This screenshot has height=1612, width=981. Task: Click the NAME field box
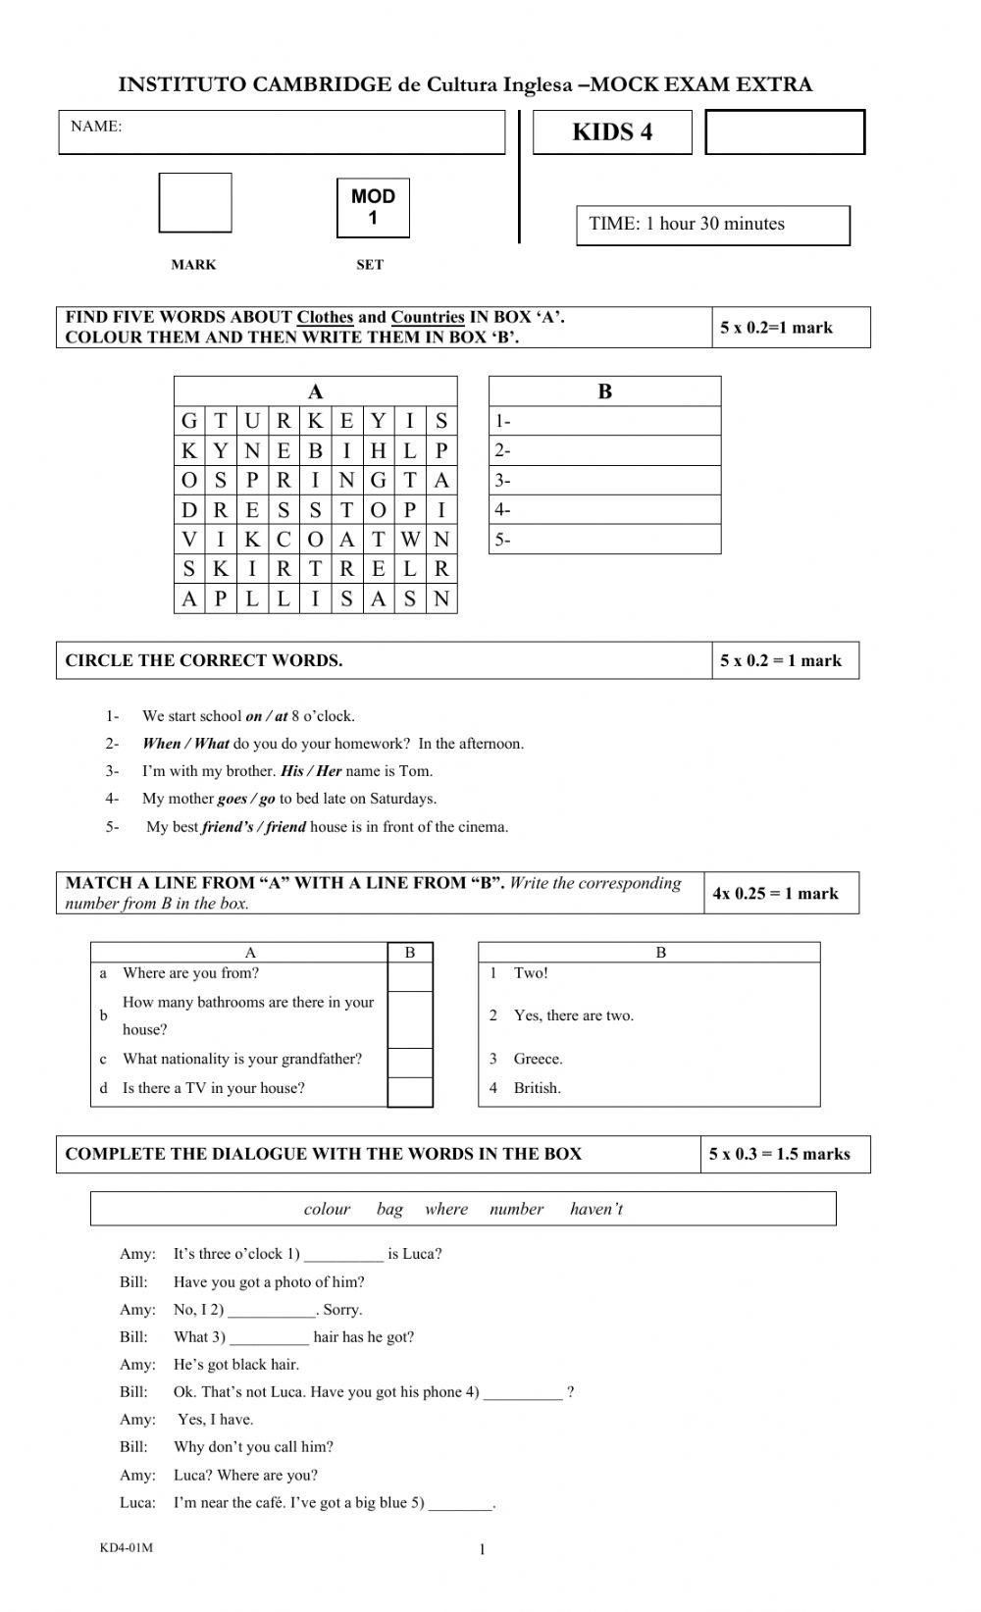tap(282, 132)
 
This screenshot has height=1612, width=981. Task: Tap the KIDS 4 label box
tap(612, 132)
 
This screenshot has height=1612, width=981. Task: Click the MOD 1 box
tap(373, 207)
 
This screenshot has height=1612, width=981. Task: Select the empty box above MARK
tap(195, 203)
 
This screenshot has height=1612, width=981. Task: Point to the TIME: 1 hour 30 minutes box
tap(712, 225)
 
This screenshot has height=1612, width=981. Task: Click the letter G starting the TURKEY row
tap(189, 421)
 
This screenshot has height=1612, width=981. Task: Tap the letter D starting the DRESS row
tap(189, 509)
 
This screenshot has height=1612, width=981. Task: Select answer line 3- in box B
tap(604, 480)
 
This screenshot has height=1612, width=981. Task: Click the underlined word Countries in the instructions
tap(428, 317)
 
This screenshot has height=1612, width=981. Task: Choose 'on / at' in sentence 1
tap(266, 716)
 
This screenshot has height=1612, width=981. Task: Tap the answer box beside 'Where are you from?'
tap(410, 976)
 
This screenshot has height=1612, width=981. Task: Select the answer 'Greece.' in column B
tap(538, 1059)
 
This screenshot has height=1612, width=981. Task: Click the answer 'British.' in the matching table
tap(537, 1088)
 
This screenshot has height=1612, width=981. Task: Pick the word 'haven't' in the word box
tap(596, 1209)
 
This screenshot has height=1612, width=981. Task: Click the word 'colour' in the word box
tap(327, 1209)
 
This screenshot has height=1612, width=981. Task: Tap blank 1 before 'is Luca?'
tap(343, 1255)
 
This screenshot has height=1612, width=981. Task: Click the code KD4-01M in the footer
tap(127, 1547)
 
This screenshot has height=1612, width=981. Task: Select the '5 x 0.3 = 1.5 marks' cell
tap(780, 1154)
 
